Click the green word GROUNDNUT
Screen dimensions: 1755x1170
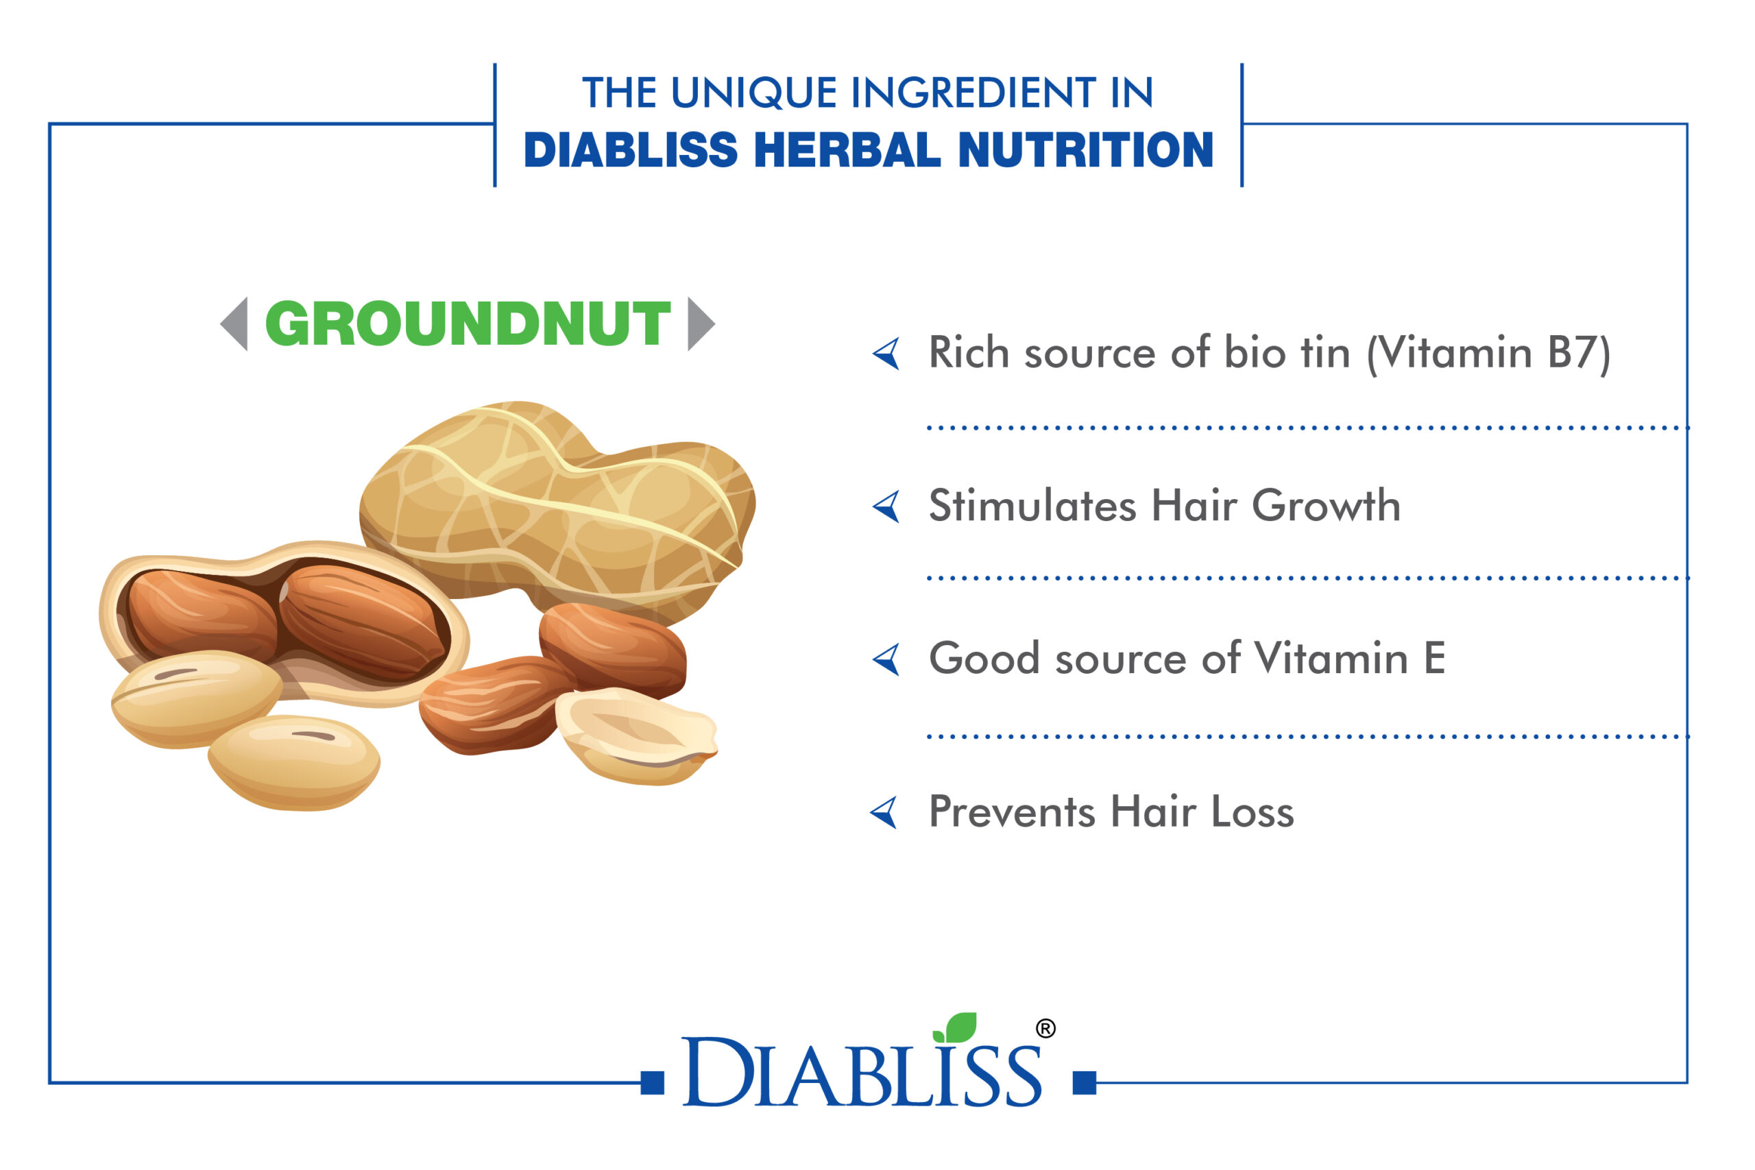tap(468, 324)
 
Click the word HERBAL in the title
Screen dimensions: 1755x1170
tap(847, 150)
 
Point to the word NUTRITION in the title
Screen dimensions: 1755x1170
tap(1086, 150)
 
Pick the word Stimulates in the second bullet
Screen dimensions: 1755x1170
tap(1033, 505)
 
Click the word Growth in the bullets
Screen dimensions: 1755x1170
tap(1326, 505)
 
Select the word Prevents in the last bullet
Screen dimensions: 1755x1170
tap(1012, 811)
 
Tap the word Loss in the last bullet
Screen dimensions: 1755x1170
tap(1252, 811)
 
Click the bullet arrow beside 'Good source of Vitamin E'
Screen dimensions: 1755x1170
tap(886, 659)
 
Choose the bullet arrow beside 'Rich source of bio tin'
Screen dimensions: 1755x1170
tap(886, 354)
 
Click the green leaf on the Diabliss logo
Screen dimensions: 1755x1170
tap(956, 1027)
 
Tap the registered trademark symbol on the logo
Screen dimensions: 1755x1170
tap(1046, 1029)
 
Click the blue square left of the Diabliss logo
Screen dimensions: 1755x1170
tap(653, 1083)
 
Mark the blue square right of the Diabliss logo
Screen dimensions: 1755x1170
tap(1084, 1083)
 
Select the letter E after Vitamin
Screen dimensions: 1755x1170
tap(1434, 658)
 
